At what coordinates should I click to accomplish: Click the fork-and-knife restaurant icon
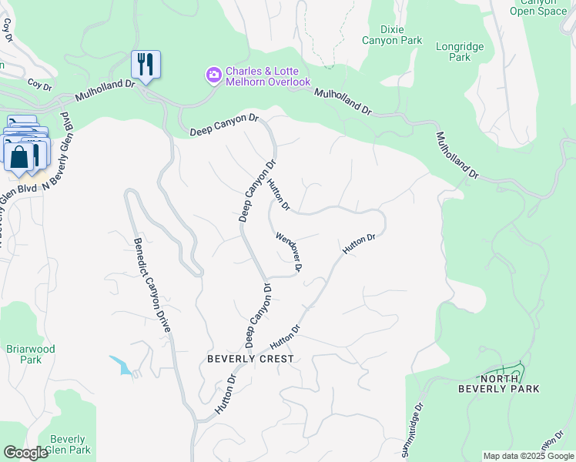(146, 65)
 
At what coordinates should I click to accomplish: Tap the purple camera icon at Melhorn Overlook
(213, 75)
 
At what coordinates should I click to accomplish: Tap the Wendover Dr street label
(288, 252)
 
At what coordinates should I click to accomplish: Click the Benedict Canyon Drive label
(152, 284)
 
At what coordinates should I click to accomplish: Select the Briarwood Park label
(30, 354)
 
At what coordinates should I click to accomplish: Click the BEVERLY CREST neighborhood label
(250, 359)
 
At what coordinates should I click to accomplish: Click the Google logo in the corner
(25, 453)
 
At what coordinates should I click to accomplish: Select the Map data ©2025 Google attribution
(527, 456)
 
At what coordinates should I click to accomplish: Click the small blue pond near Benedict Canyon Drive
(121, 365)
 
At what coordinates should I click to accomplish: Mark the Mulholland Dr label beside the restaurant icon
(105, 92)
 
